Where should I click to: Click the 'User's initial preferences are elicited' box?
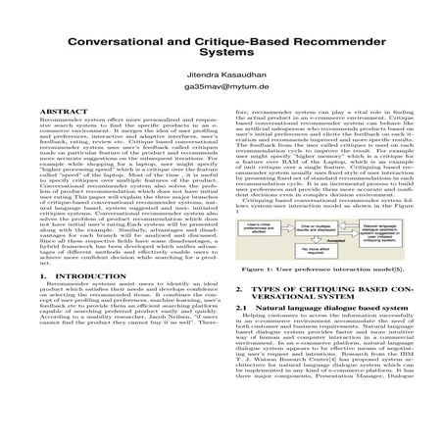pyautogui.click(x=258, y=227)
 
